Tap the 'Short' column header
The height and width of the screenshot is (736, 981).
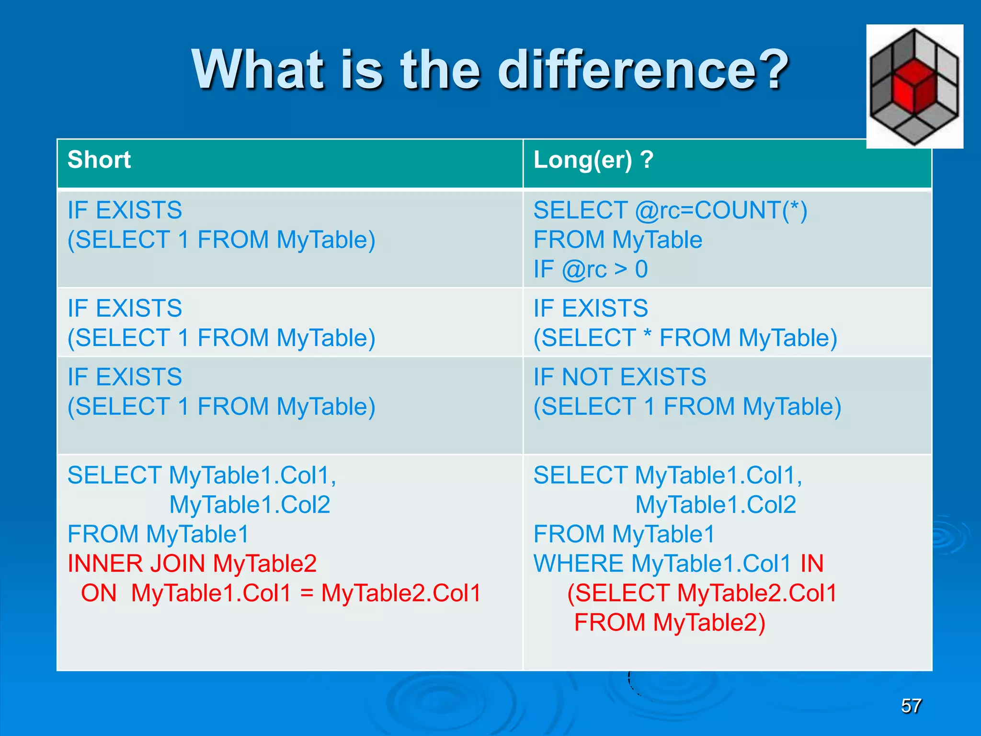[99, 160]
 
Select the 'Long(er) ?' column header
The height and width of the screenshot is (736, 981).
[593, 160]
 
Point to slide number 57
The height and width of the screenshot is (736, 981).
[911, 706]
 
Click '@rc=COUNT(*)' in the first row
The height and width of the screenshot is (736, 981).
[721, 210]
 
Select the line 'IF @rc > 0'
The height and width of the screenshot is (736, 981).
[590, 269]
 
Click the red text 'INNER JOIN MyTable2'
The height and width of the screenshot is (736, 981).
[192, 563]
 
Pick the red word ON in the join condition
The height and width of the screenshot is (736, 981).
[99, 593]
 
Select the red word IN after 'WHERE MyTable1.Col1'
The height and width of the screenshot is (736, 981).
[812, 563]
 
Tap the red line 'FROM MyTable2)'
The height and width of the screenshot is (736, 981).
[669, 623]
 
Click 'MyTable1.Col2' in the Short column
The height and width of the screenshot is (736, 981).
[250, 505]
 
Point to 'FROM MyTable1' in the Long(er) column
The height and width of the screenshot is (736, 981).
[624, 534]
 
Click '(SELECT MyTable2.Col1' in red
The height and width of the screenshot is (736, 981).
[702, 593]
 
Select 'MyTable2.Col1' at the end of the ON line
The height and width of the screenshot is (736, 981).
[401, 593]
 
